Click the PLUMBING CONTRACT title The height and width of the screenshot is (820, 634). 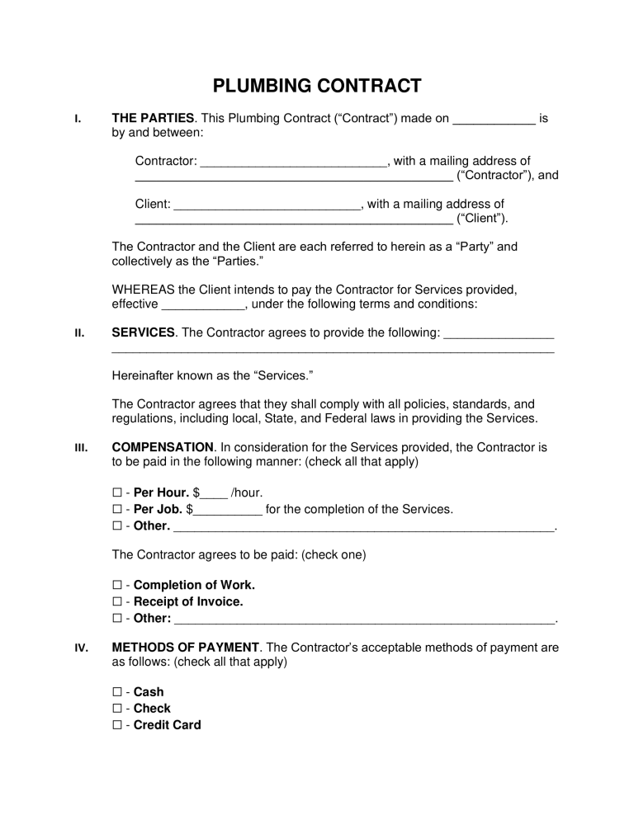pyautogui.click(x=317, y=86)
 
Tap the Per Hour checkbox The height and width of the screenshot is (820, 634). pyautogui.click(x=116, y=493)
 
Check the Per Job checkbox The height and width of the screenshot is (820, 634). pyautogui.click(x=116, y=510)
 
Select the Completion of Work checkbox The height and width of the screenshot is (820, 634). pyautogui.click(x=116, y=586)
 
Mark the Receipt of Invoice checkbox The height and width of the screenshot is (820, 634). pyautogui.click(x=116, y=602)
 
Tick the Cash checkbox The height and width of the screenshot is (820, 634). pyautogui.click(x=116, y=693)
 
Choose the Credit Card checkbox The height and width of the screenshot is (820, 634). pyautogui.click(x=116, y=726)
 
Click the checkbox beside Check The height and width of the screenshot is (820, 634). pyautogui.click(x=116, y=709)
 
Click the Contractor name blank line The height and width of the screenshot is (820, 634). pyautogui.click(x=294, y=162)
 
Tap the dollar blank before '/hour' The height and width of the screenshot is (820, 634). pyautogui.click(x=214, y=494)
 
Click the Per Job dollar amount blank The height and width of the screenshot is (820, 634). pyautogui.click(x=227, y=511)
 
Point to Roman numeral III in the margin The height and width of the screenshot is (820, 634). pyautogui.click(x=81, y=448)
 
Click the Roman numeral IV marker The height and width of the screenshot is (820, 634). pyautogui.click(x=81, y=648)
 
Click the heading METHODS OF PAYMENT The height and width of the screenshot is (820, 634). pyautogui.click(x=186, y=648)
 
